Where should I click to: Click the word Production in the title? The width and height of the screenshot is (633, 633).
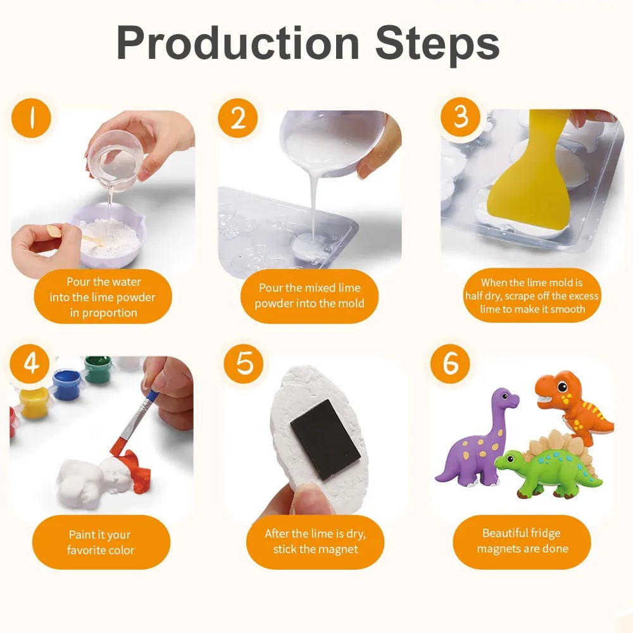[x=238, y=43]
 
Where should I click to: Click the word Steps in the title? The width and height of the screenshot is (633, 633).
[x=437, y=44]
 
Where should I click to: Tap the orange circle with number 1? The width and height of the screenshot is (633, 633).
[x=31, y=118]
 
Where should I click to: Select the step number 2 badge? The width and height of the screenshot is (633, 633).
[x=238, y=118]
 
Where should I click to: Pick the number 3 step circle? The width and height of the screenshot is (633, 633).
[x=461, y=116]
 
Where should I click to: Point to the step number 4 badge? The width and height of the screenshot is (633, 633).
[x=30, y=364]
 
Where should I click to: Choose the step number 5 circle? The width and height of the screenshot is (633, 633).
[x=244, y=363]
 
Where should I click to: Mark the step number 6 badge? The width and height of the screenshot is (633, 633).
[x=450, y=364]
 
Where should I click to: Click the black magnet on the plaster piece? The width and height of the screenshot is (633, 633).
[x=325, y=440]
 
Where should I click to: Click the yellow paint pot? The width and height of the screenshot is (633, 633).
[x=34, y=402]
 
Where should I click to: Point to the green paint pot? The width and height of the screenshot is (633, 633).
[x=98, y=369]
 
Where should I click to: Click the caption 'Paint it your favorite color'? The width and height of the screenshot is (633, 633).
[x=101, y=542]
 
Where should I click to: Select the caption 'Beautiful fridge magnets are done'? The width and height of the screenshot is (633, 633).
[x=522, y=541]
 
